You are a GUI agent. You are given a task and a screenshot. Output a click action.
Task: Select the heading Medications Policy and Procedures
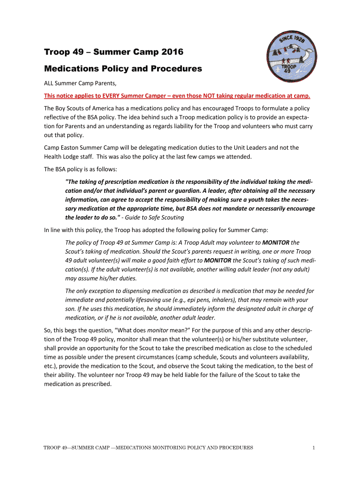click(x=123, y=69)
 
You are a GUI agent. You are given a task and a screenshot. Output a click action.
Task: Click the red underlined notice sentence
click(x=177, y=96)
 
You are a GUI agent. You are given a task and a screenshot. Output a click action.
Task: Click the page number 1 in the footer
click(x=314, y=448)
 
